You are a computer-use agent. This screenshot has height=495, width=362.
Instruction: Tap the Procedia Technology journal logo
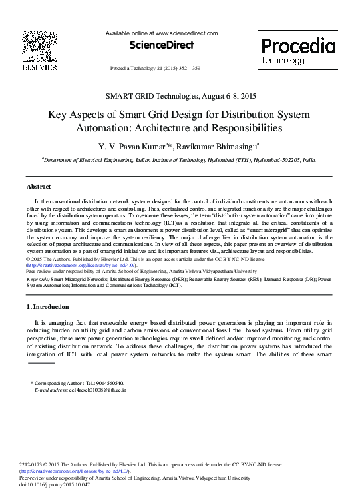point(297,50)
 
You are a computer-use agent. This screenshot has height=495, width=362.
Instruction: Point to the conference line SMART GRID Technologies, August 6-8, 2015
point(180,97)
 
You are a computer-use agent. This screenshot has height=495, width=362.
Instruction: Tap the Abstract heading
point(39,187)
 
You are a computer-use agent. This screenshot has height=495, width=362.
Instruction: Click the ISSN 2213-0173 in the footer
point(33,464)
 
